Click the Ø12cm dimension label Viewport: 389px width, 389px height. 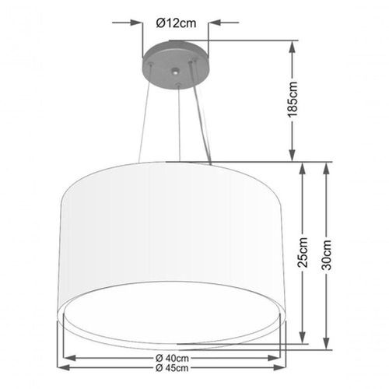[176, 23]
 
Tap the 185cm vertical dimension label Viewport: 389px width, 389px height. [293, 100]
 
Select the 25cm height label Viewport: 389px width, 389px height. [303, 252]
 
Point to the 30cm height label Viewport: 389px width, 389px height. [327, 255]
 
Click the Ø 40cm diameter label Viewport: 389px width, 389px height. [172, 358]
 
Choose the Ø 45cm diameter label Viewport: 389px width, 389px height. [172, 368]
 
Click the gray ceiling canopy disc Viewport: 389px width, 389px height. [176, 65]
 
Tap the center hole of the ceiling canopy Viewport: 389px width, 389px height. [176, 72]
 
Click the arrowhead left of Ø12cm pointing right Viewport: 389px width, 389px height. [136, 23]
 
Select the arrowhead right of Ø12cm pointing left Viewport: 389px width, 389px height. [215, 23]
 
